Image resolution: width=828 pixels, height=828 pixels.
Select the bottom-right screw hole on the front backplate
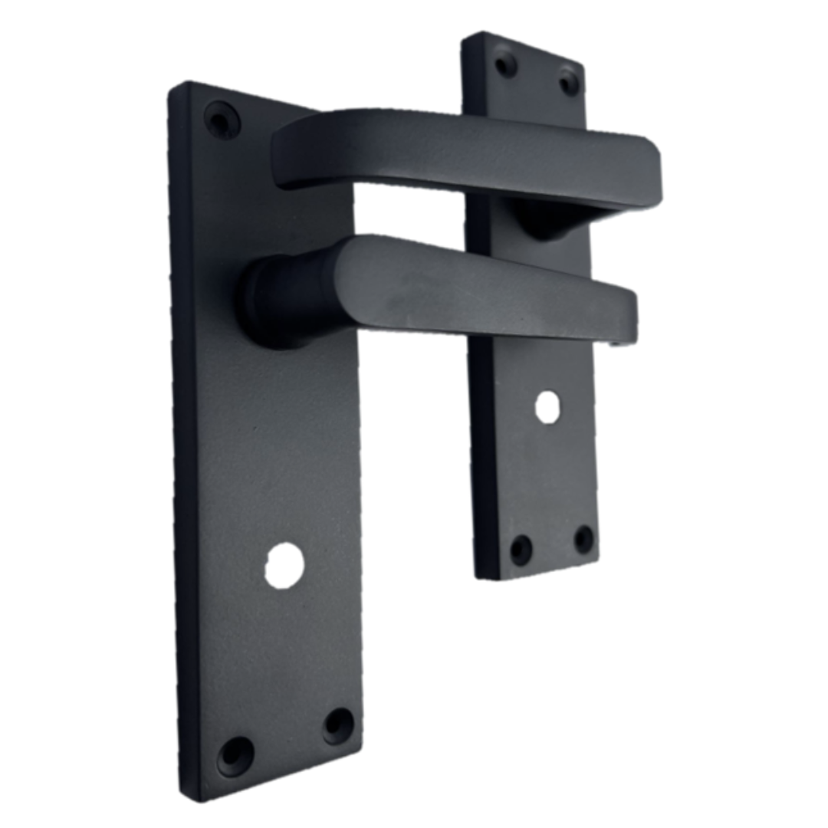[x=338, y=724]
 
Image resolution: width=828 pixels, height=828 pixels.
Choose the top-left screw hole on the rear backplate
[x=505, y=62]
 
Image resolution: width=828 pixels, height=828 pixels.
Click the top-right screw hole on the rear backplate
[x=569, y=80]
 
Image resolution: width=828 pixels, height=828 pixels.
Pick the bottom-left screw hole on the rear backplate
[x=521, y=550]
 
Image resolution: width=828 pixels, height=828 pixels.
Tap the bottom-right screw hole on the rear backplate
[x=584, y=539]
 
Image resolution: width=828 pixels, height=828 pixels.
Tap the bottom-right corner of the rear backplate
[x=599, y=563]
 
